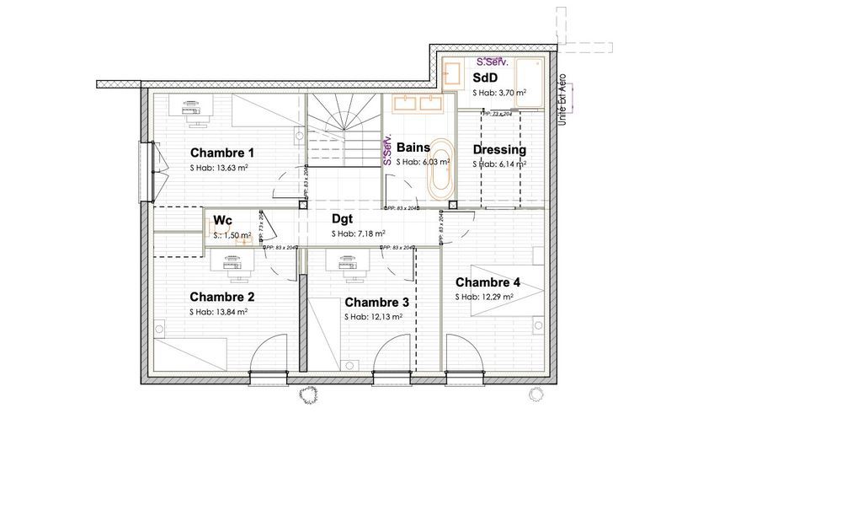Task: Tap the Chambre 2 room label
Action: pos(221,297)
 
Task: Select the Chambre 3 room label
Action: pos(376,303)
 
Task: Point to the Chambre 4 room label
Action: pos(488,282)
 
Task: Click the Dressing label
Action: pos(499,150)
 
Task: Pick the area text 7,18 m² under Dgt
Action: pos(358,233)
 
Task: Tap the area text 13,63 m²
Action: pos(219,168)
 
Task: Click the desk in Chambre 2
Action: pos(232,264)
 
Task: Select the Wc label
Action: pos(222,221)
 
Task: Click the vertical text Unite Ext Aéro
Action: pos(563,101)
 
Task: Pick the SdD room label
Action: pos(485,78)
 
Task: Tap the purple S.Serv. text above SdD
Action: pos(493,62)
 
